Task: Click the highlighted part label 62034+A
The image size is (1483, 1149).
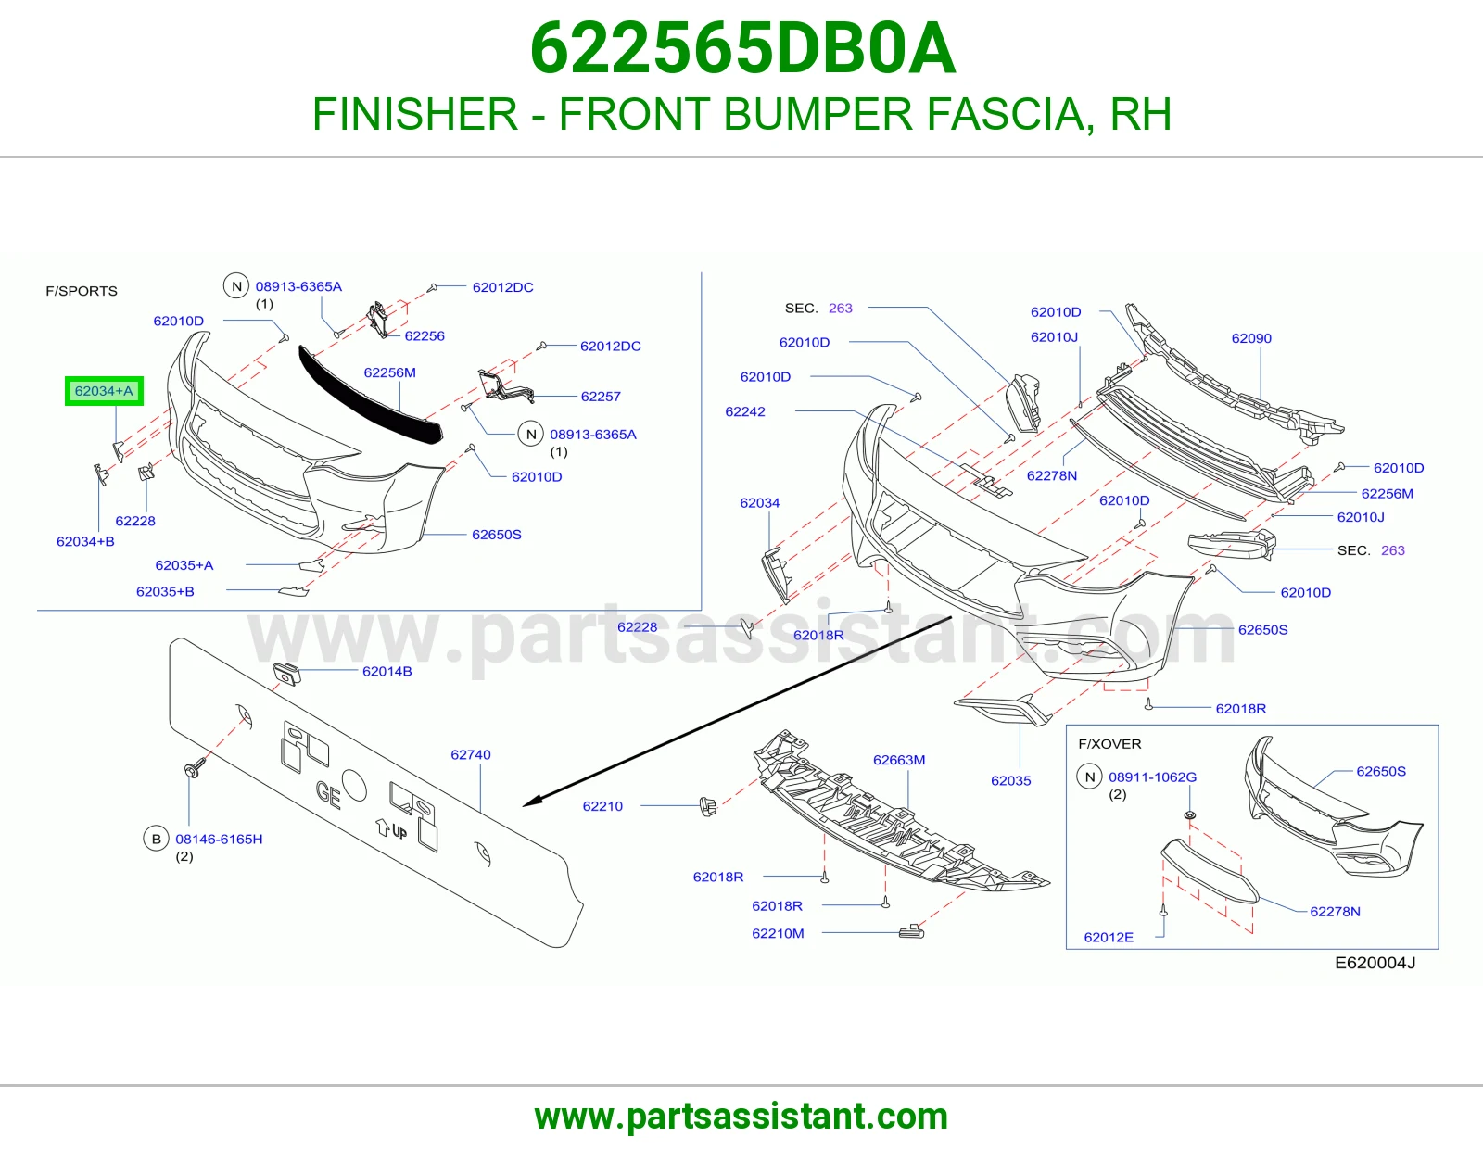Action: (104, 391)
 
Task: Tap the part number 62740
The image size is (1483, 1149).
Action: (470, 754)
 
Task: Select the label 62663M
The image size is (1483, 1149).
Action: (899, 760)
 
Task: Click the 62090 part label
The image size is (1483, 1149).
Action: (1251, 338)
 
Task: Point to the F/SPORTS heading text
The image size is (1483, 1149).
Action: (82, 291)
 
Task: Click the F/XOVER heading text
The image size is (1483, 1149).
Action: (1109, 744)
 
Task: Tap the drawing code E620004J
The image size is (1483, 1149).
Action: (1375, 963)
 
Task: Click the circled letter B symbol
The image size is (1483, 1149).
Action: (157, 839)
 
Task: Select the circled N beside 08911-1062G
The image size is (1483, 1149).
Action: (1089, 777)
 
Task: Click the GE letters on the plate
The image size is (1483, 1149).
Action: (328, 795)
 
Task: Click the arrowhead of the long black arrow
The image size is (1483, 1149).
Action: (529, 803)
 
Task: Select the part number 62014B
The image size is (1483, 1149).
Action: (387, 672)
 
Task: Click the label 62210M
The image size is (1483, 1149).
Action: (778, 933)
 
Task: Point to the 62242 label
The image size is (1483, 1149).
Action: (744, 412)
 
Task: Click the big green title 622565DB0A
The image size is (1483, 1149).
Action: (742, 48)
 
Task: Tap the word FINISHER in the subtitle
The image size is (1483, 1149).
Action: (415, 114)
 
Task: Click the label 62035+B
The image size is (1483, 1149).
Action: (165, 591)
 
